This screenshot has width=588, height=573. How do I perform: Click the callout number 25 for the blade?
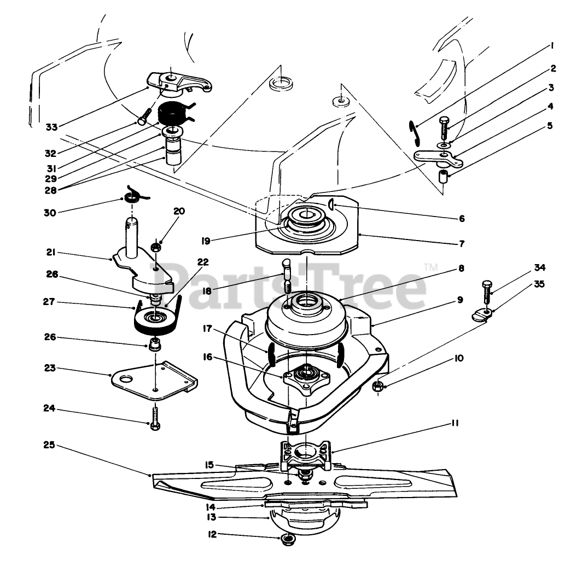pyautogui.click(x=49, y=446)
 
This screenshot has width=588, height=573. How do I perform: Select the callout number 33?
pyautogui.click(x=51, y=127)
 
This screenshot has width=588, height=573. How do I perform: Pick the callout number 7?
pyautogui.click(x=462, y=242)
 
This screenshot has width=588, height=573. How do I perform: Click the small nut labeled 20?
pyautogui.click(x=156, y=248)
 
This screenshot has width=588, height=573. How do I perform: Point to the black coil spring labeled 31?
pyautogui.click(x=171, y=115)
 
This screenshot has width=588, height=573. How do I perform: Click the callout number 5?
pyautogui.click(x=550, y=126)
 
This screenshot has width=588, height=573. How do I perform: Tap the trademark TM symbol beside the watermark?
pyautogui.click(x=430, y=267)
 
